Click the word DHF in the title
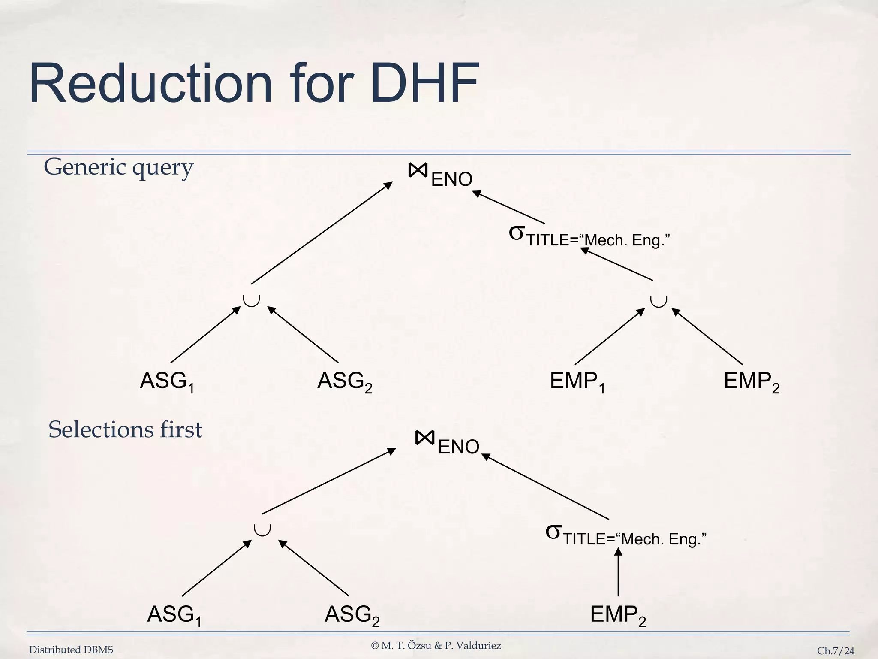424,84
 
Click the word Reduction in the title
150,84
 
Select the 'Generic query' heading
118,167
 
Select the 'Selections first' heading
125,429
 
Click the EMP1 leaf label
577,381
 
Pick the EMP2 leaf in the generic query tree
751,381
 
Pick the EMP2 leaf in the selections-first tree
617,615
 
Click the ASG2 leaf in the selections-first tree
352,615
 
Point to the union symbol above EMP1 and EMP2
658,301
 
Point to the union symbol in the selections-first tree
262,529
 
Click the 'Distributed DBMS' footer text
71,650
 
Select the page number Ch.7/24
835,651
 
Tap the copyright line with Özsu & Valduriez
436,646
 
